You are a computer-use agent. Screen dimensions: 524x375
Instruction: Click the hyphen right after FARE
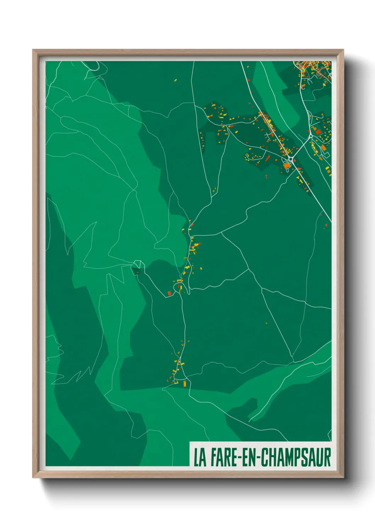(240, 458)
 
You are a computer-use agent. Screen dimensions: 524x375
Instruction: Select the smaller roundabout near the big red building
(311, 136)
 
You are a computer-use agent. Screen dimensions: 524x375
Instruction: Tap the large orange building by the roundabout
(286, 165)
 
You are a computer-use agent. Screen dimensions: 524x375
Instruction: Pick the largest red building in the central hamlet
(169, 293)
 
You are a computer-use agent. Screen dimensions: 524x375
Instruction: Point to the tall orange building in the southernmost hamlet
(184, 383)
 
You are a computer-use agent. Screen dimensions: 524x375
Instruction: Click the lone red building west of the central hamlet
(137, 272)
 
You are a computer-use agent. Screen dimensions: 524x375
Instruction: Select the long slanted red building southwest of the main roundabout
(268, 158)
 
